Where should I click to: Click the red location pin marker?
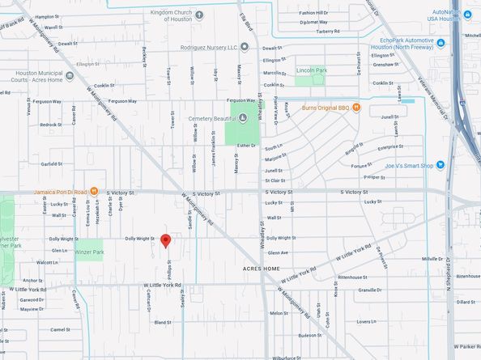tap(165, 240)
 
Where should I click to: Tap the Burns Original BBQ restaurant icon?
tap(355, 108)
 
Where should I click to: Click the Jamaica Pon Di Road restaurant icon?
tap(95, 192)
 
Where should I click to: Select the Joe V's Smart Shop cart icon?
tap(440, 165)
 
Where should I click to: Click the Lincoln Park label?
tap(312, 70)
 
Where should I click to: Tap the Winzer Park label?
tap(89, 252)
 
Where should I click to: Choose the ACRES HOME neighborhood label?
tap(260, 268)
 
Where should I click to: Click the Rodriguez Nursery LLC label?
tap(208, 47)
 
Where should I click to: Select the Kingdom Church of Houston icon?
tap(200, 15)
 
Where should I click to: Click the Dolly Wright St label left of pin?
tap(139, 239)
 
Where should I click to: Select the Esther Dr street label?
tap(245, 146)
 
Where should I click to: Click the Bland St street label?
tap(162, 322)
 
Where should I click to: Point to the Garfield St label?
tap(52, 164)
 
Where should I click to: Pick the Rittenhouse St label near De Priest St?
tap(376, 277)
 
